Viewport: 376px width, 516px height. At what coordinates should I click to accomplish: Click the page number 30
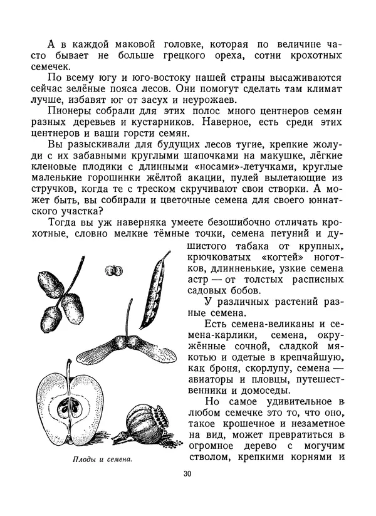[187, 474]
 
